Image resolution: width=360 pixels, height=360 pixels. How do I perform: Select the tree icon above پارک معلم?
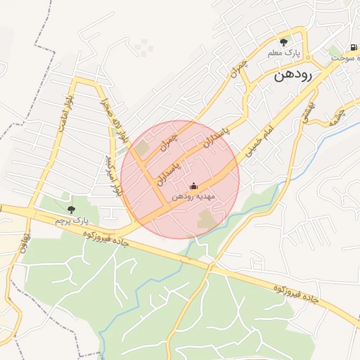[x=284, y=42]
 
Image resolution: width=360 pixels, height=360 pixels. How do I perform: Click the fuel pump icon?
[x=349, y=49]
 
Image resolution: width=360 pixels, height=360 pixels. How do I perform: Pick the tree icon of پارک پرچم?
[x=71, y=209]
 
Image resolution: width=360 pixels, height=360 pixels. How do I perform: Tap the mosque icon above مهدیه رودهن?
[x=194, y=186]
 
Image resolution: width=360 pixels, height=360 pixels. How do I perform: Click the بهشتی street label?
[x=308, y=116]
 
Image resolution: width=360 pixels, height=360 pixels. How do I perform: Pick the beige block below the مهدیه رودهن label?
[x=207, y=219]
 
